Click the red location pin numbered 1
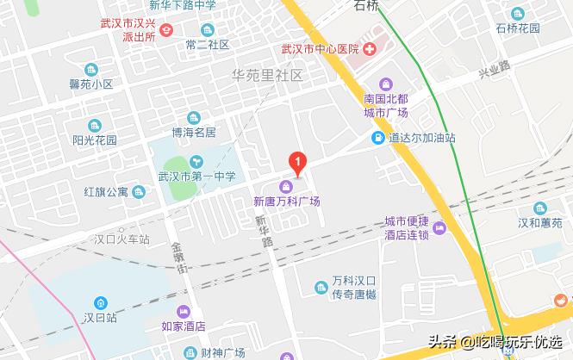click(x=298, y=161)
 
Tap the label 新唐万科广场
click(x=285, y=202)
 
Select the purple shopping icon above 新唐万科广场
click(x=285, y=187)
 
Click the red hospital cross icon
click(x=368, y=48)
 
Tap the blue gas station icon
click(x=377, y=138)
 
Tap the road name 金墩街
click(x=181, y=258)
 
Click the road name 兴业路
click(x=494, y=69)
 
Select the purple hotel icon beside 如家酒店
click(x=183, y=313)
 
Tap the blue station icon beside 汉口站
click(x=101, y=302)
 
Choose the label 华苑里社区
click(x=269, y=75)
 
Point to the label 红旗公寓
click(x=106, y=191)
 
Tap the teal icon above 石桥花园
click(x=519, y=13)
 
